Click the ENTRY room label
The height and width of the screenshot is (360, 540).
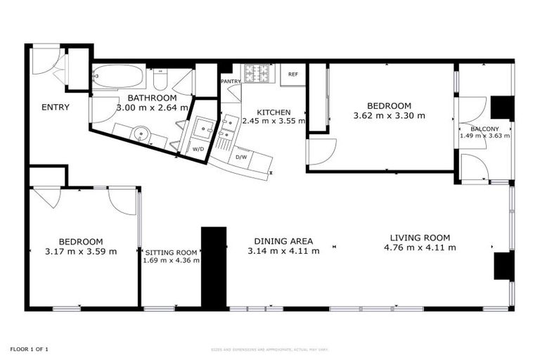55,107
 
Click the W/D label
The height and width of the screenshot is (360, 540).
198,149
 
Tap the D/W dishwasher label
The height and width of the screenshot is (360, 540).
241,156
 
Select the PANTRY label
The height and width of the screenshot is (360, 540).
231,82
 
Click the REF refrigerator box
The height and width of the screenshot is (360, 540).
292,75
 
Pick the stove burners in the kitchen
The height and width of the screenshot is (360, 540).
258,72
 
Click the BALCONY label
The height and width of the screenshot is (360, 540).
484,129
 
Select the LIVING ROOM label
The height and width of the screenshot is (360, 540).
420,238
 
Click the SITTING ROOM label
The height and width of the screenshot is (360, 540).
171,252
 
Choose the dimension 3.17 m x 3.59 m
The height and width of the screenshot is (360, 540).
81,251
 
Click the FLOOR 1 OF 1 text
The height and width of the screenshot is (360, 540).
29,349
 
